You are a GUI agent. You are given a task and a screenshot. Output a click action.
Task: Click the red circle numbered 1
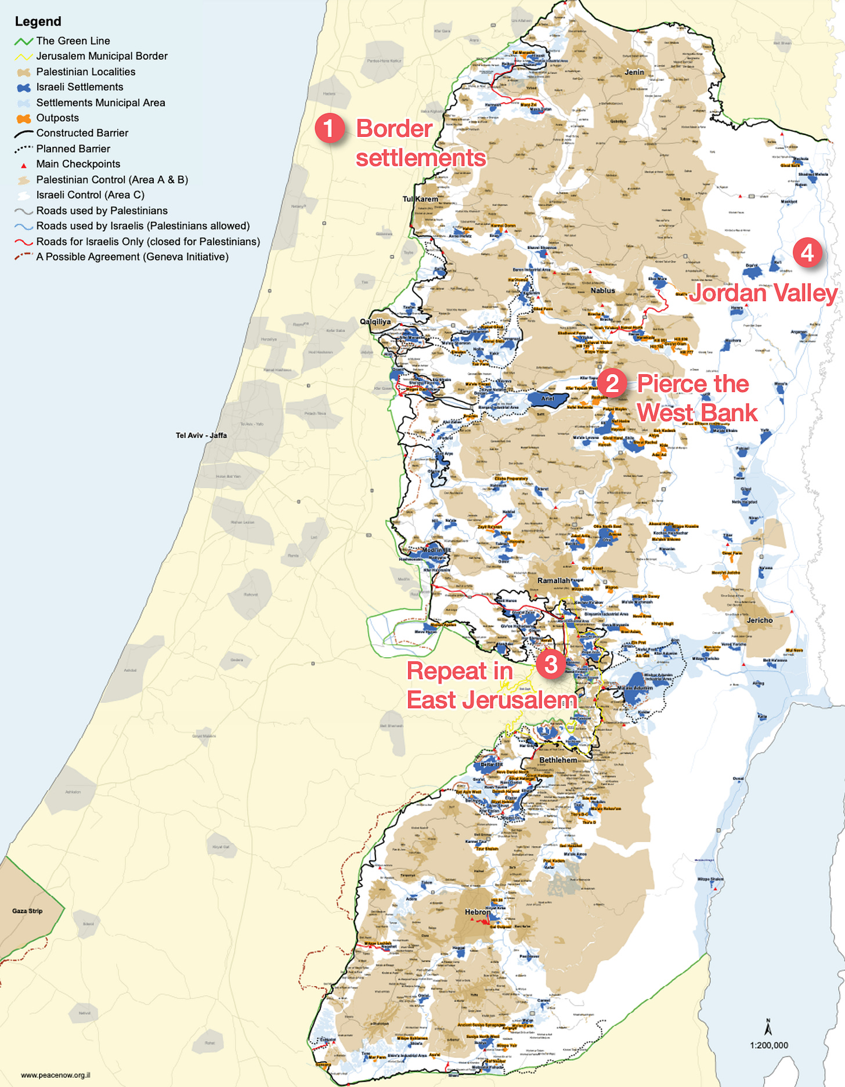tap(329, 128)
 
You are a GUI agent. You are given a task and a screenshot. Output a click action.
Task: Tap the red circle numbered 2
tap(612, 383)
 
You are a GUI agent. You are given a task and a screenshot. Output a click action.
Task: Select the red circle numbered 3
tap(550, 664)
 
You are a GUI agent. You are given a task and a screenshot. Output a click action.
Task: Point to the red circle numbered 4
tap(807, 252)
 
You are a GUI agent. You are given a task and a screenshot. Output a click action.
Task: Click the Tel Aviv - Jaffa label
tap(201, 435)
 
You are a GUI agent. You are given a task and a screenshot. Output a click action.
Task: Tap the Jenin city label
tap(634, 72)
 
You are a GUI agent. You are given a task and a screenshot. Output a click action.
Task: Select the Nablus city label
tap(602, 290)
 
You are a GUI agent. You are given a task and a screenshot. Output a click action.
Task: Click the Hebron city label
tap(477, 912)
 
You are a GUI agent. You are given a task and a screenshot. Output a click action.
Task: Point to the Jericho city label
tap(760, 620)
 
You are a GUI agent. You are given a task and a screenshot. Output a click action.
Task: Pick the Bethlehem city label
tap(558, 760)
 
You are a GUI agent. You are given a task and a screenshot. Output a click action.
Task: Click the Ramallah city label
tap(554, 580)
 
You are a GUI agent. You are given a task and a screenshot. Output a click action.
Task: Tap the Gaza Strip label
tap(27, 911)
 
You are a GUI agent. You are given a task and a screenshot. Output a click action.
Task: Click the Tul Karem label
tap(420, 199)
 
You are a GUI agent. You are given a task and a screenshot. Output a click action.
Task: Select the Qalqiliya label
tap(375, 321)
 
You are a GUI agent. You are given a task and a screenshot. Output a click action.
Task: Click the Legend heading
tap(38, 21)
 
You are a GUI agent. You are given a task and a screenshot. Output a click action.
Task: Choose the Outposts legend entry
tap(57, 118)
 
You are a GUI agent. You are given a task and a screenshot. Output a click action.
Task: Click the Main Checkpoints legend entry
tap(78, 164)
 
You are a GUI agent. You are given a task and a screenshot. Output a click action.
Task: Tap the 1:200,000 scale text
tap(768, 1045)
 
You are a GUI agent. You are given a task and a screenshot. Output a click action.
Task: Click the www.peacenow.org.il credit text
tap(55, 1075)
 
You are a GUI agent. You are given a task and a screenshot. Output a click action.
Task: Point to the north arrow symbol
tap(768, 1028)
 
